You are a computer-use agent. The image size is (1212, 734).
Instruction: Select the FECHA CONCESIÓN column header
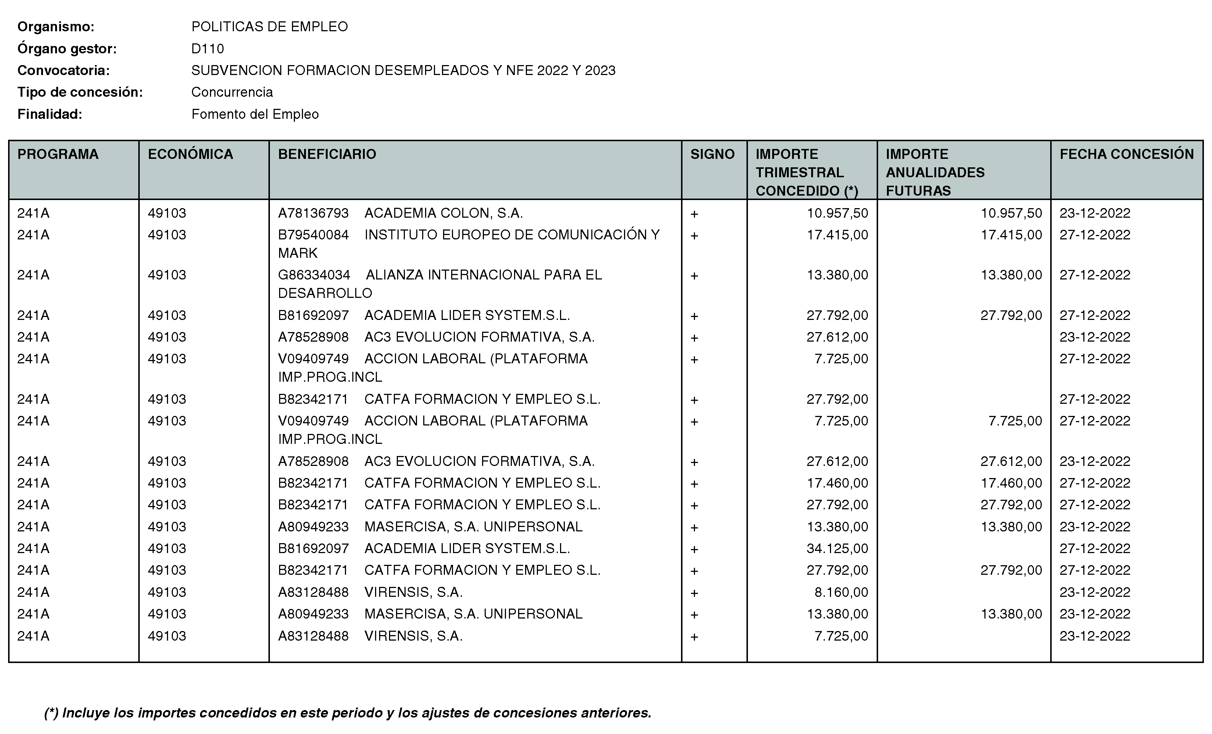[1126, 154]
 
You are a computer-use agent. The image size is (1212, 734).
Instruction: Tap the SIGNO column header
[712, 154]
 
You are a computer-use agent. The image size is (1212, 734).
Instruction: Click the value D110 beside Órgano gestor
[207, 49]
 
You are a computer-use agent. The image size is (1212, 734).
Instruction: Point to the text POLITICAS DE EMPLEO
[270, 26]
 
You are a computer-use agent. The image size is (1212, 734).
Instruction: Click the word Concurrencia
[232, 92]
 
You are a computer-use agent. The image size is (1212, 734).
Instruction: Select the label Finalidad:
[50, 114]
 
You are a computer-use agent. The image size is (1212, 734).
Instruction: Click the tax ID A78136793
[313, 213]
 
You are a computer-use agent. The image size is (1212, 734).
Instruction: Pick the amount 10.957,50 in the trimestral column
[837, 213]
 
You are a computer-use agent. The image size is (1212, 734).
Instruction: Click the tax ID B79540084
[313, 235]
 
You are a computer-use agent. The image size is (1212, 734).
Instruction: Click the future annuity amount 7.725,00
[1015, 421]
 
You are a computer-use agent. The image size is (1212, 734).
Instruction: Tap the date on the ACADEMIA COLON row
[1095, 213]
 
